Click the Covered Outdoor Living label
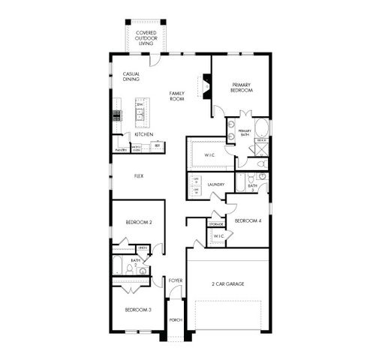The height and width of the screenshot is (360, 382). [x=145, y=38]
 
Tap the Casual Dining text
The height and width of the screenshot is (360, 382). [x=131, y=76]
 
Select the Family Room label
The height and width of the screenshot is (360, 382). [x=177, y=96]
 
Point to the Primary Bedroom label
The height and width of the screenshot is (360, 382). [x=241, y=87]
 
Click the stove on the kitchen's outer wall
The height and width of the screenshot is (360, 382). [x=116, y=115]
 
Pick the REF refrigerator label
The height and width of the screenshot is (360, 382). [x=158, y=145]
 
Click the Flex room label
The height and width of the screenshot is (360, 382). [x=139, y=176]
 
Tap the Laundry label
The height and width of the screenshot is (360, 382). [x=217, y=184]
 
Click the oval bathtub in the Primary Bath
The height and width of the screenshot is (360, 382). [x=262, y=127]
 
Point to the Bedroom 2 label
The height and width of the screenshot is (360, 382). [x=139, y=223]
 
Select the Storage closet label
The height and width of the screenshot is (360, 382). [x=216, y=224]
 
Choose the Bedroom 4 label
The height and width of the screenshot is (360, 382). [x=248, y=221]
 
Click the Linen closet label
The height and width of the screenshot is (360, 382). [x=142, y=247]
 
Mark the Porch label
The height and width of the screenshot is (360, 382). [x=176, y=319]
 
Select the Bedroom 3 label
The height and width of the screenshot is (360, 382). [x=138, y=310]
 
